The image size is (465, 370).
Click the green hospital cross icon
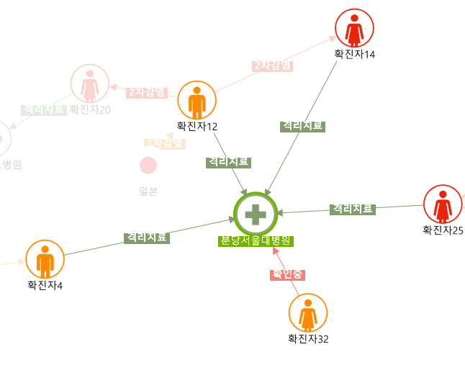256,214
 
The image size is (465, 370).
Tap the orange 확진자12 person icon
197,101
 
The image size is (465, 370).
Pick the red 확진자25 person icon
443,204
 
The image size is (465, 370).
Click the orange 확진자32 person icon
308,312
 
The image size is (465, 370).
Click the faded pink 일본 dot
148,165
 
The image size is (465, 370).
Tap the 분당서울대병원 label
256,241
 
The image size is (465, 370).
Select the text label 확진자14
354,54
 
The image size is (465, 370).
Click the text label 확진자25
443,230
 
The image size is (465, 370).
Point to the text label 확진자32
308,338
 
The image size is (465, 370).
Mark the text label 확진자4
45,285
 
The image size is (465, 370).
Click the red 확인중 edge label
288,274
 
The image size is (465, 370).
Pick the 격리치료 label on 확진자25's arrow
353,209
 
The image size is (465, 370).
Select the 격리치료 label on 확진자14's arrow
302,126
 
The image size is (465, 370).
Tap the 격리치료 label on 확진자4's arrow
146,237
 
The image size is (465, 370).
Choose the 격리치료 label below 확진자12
228,162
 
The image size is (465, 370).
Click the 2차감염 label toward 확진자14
273,66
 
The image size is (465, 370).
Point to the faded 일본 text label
148,191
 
